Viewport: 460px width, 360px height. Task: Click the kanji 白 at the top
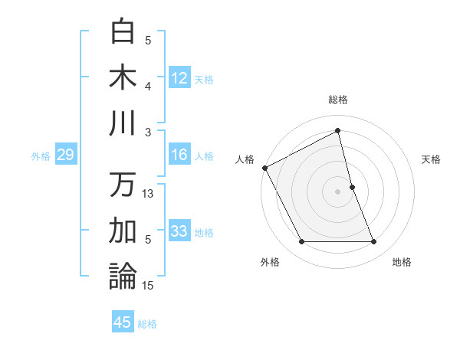pos(123,31)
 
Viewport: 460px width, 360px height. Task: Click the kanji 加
pos(123,231)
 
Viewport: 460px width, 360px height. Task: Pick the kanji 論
pos(123,277)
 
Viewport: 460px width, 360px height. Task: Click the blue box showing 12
pos(179,77)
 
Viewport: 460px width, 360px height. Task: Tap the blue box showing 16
pos(179,155)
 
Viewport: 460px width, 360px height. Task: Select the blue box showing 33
pos(179,231)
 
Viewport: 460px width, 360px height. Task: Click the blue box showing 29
pos(65,155)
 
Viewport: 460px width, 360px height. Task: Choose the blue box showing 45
pos(123,322)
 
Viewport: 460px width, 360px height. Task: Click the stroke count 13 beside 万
pos(149,194)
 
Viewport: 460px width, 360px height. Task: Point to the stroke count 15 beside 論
pos(149,286)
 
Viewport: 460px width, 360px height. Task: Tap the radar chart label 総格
pos(338,100)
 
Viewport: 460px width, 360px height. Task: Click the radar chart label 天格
pos(431,159)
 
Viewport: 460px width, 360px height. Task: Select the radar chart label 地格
pos(402,262)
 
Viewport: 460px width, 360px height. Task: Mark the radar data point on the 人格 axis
pos(265,168)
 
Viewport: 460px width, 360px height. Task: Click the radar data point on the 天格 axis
pos(352,186)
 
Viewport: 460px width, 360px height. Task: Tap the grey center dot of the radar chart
pos(337,191)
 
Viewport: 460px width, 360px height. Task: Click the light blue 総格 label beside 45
pos(147,324)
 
